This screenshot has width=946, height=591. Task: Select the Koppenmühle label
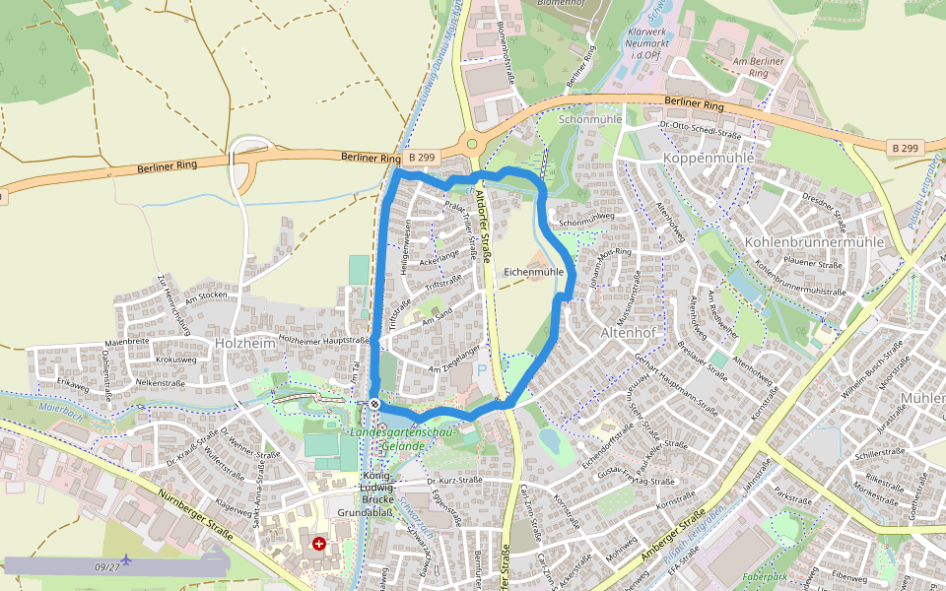point(709,159)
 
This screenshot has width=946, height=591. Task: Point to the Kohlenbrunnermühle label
point(814,241)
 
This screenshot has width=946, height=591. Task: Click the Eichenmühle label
point(533,271)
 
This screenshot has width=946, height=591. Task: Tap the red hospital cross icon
point(319,543)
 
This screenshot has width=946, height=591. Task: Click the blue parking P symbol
point(482,368)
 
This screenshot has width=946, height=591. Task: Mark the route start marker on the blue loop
point(375,403)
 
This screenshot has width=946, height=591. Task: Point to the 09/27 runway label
point(107,567)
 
